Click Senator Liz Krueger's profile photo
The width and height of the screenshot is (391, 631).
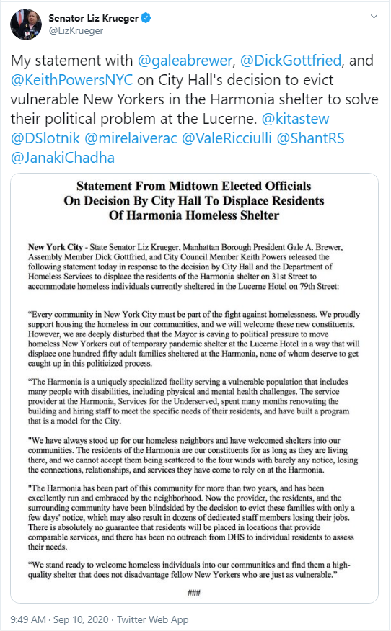[x=25, y=24]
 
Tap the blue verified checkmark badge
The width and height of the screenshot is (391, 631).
[x=148, y=17]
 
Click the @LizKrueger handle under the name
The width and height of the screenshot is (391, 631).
[x=76, y=31]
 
